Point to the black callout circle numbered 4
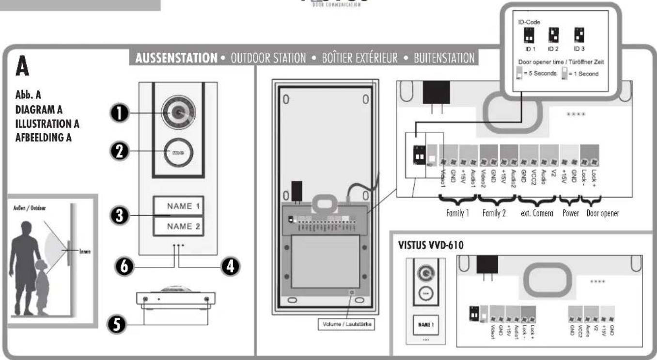coord(231,266)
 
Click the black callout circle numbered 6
coord(120,266)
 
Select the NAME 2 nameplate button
coord(179,225)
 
